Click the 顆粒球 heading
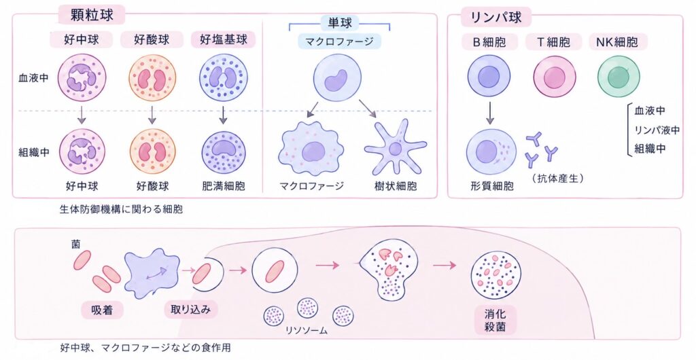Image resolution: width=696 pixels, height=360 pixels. pos(92,15)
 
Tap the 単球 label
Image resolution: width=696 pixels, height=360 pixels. pos(340,22)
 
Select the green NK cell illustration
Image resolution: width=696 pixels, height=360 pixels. pos(619,76)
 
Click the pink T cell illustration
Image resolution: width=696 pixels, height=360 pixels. pos(555,76)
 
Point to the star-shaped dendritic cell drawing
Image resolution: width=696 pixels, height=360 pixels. pos(395,147)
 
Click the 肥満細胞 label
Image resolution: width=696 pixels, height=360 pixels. pos(223,185)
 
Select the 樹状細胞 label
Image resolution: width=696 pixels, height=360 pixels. pos(396,185)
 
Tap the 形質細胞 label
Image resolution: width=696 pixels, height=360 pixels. pos(492,185)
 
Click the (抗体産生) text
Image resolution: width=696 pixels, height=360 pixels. pos(557,178)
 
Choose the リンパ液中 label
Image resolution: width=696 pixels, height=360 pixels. pos(657,130)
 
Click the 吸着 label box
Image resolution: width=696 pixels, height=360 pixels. pos(102,310)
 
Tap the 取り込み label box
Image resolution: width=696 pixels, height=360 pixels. pos(191,309)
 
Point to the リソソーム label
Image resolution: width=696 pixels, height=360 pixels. pos(307,330)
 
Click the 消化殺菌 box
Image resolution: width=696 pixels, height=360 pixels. pos(495,321)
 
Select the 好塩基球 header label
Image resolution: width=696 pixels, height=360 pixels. pos(224,40)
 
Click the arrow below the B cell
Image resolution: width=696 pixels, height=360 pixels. pos(490,113)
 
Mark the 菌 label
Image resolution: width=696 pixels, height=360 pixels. pos(76,245)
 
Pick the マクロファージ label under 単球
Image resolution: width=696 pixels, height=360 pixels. pos(340,42)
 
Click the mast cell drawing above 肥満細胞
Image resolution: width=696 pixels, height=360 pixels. pos(224,151)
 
